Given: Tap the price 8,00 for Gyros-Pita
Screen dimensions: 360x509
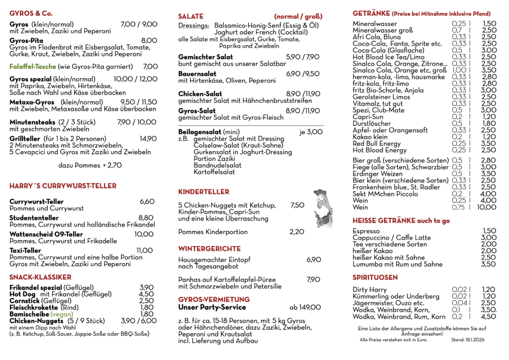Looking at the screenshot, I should pyautogui.click(x=149, y=40).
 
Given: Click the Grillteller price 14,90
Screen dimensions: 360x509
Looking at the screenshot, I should pyautogui.click(x=148, y=139).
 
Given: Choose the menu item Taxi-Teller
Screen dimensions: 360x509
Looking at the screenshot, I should pyautogui.click(x=25, y=251).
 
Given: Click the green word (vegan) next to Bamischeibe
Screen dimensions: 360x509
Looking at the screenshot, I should pyautogui.click(x=62, y=314).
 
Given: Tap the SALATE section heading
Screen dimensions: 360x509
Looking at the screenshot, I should pyautogui.click(x=191, y=16).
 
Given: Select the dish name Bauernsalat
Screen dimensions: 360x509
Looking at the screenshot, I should pyautogui.click(x=197, y=74).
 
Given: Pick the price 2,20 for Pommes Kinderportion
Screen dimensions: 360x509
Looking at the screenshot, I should pyautogui.click(x=297, y=231).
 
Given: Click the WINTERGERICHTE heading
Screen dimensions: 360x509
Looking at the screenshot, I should pyautogui.click(x=209, y=249).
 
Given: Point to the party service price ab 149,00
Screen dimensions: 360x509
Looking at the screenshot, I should pyautogui.click(x=306, y=307).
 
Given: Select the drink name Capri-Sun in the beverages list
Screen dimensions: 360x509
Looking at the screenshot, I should pyautogui.click(x=368, y=117).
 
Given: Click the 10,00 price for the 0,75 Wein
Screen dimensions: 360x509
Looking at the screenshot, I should pyautogui.click(x=486, y=207).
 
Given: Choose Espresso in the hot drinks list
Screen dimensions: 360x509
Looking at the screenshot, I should pyautogui.click(x=366, y=231).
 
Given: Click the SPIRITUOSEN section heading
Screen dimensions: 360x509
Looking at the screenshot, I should pyautogui.click(x=375, y=277).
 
